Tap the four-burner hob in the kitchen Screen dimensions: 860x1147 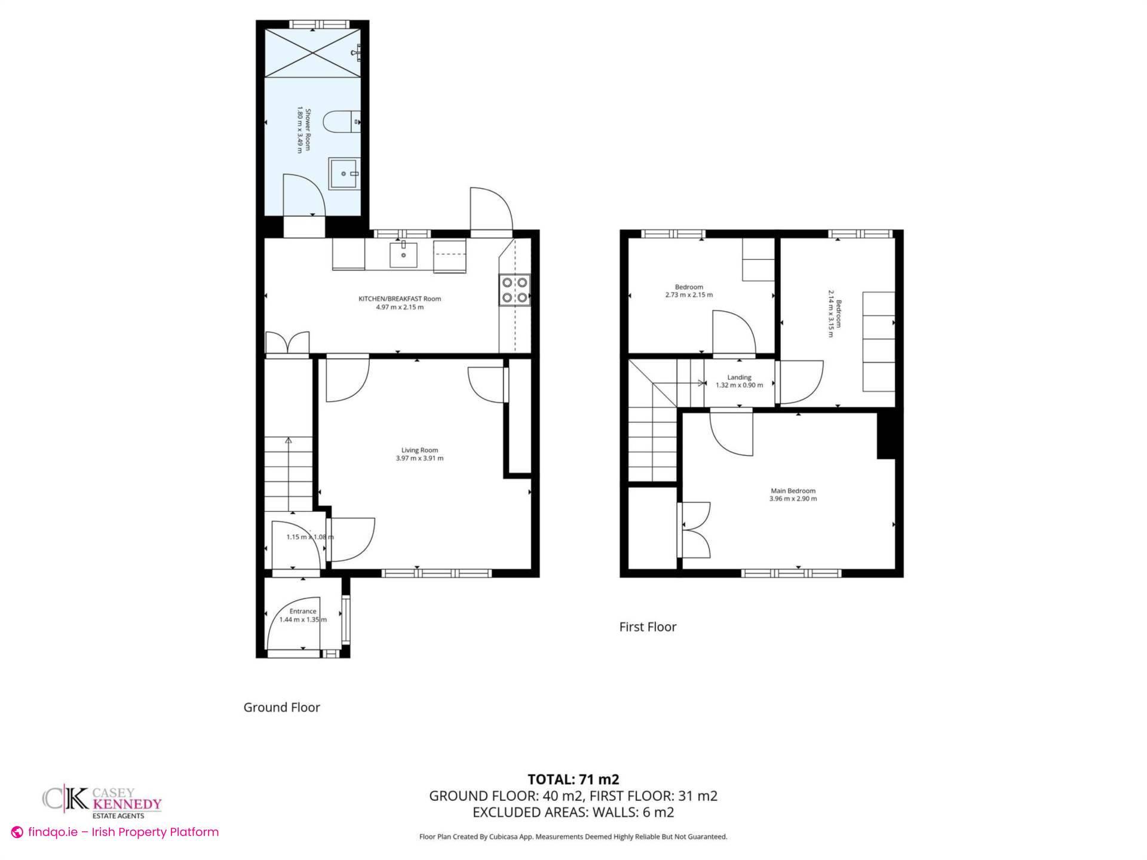[514, 290]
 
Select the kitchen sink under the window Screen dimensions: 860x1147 [404, 255]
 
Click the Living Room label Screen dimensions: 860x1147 [419, 450]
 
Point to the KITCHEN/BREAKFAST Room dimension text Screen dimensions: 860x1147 [400, 307]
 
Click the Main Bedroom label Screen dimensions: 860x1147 [793, 491]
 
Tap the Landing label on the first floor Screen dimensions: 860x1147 [739, 377]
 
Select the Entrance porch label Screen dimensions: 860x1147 [303, 611]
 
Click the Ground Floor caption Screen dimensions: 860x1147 [281, 707]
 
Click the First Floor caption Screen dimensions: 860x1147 [648, 627]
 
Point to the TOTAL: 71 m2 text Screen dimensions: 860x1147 [573, 779]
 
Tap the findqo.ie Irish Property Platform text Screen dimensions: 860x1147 [122, 832]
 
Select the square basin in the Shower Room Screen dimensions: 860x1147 [344, 173]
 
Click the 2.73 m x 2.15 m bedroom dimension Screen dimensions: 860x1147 [689, 295]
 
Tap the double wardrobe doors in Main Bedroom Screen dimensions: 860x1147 [695, 530]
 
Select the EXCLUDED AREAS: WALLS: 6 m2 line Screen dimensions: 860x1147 [573, 812]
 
